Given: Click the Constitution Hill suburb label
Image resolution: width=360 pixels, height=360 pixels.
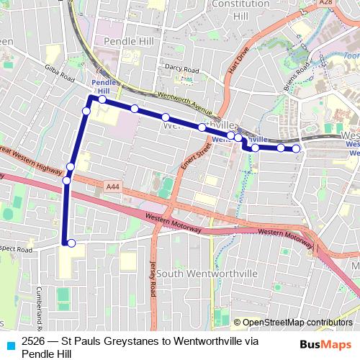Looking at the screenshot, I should pos(230,9).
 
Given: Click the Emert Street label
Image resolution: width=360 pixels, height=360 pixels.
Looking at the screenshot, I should pos(192,153).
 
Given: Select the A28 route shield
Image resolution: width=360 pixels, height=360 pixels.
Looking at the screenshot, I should pos(325,4).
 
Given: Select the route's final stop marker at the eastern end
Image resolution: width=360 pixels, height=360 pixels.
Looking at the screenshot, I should pos(295,149).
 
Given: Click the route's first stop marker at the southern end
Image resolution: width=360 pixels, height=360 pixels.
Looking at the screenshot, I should pos(71,243).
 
